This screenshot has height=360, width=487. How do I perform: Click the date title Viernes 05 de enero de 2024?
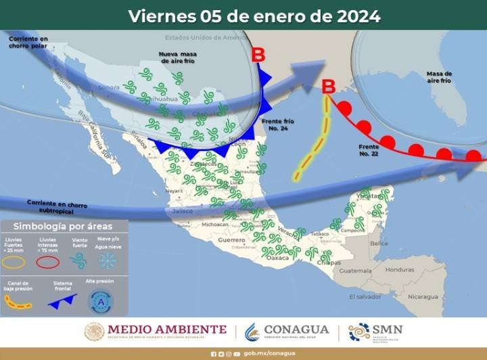pyautogui.click(x=254, y=16)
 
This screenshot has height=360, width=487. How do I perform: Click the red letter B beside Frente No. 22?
pyautogui.click(x=328, y=87)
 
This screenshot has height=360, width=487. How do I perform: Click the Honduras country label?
pyautogui.click(x=400, y=269)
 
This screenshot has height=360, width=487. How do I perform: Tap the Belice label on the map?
pyautogui.click(x=379, y=244)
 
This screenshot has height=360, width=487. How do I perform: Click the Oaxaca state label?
pyautogui.click(x=277, y=258)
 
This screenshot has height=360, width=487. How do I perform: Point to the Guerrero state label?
pyautogui.click(x=231, y=240)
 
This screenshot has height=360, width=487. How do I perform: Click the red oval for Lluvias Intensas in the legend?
pyautogui.click(x=48, y=261)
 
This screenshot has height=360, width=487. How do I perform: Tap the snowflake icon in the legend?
pyautogui.click(x=107, y=261)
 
